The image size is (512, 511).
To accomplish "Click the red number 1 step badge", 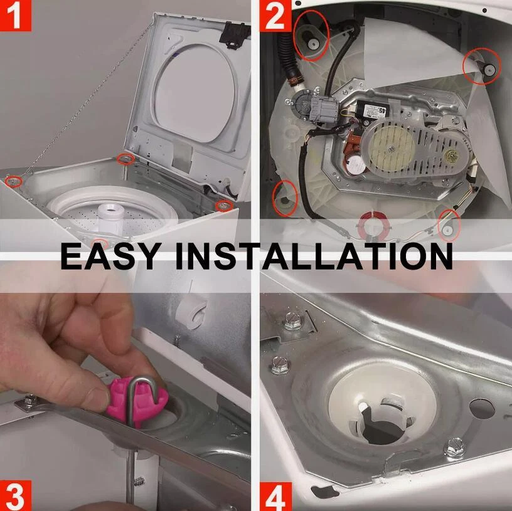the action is click(x=15, y=15).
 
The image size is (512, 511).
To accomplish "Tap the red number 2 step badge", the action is click(x=275, y=15).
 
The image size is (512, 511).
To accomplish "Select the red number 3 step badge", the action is click(x=15, y=495).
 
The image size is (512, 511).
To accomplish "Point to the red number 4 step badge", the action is click(x=275, y=496).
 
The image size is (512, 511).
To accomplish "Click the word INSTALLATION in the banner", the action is click(x=314, y=256).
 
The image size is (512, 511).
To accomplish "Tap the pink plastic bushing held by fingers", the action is click(x=138, y=401).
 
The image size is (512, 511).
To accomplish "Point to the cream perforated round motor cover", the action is click(x=392, y=147).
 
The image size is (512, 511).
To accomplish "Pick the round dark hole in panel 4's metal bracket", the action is click(x=483, y=408).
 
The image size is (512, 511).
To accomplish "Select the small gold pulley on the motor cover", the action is click(x=453, y=156).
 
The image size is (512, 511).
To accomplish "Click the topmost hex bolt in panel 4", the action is click(x=293, y=322).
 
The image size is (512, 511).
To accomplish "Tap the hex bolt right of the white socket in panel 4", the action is click(x=454, y=446).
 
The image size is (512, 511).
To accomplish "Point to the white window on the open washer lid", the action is click(x=195, y=92).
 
